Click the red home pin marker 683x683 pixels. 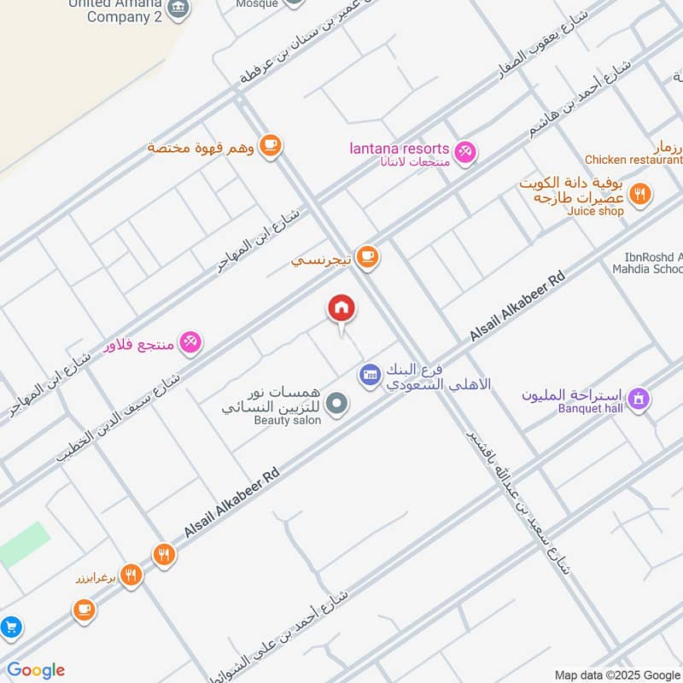[x=341, y=308]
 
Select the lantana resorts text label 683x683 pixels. [x=400, y=149]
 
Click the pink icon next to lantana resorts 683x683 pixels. [x=464, y=152]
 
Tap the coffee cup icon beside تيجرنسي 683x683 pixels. [x=367, y=256]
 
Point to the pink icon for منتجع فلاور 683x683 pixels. [x=190, y=342]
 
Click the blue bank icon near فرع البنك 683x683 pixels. [x=370, y=374]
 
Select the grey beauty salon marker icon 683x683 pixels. [x=338, y=402]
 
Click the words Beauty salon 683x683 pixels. [x=287, y=420]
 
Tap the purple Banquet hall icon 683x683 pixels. [x=638, y=398]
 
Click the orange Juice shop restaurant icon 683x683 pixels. [x=641, y=194]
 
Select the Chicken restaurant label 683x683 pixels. [x=633, y=160]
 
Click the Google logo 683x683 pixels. [x=35, y=670]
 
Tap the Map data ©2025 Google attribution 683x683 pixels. [x=617, y=674]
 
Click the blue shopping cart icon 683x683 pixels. [x=10, y=628]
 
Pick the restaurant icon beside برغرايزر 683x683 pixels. [x=131, y=575]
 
